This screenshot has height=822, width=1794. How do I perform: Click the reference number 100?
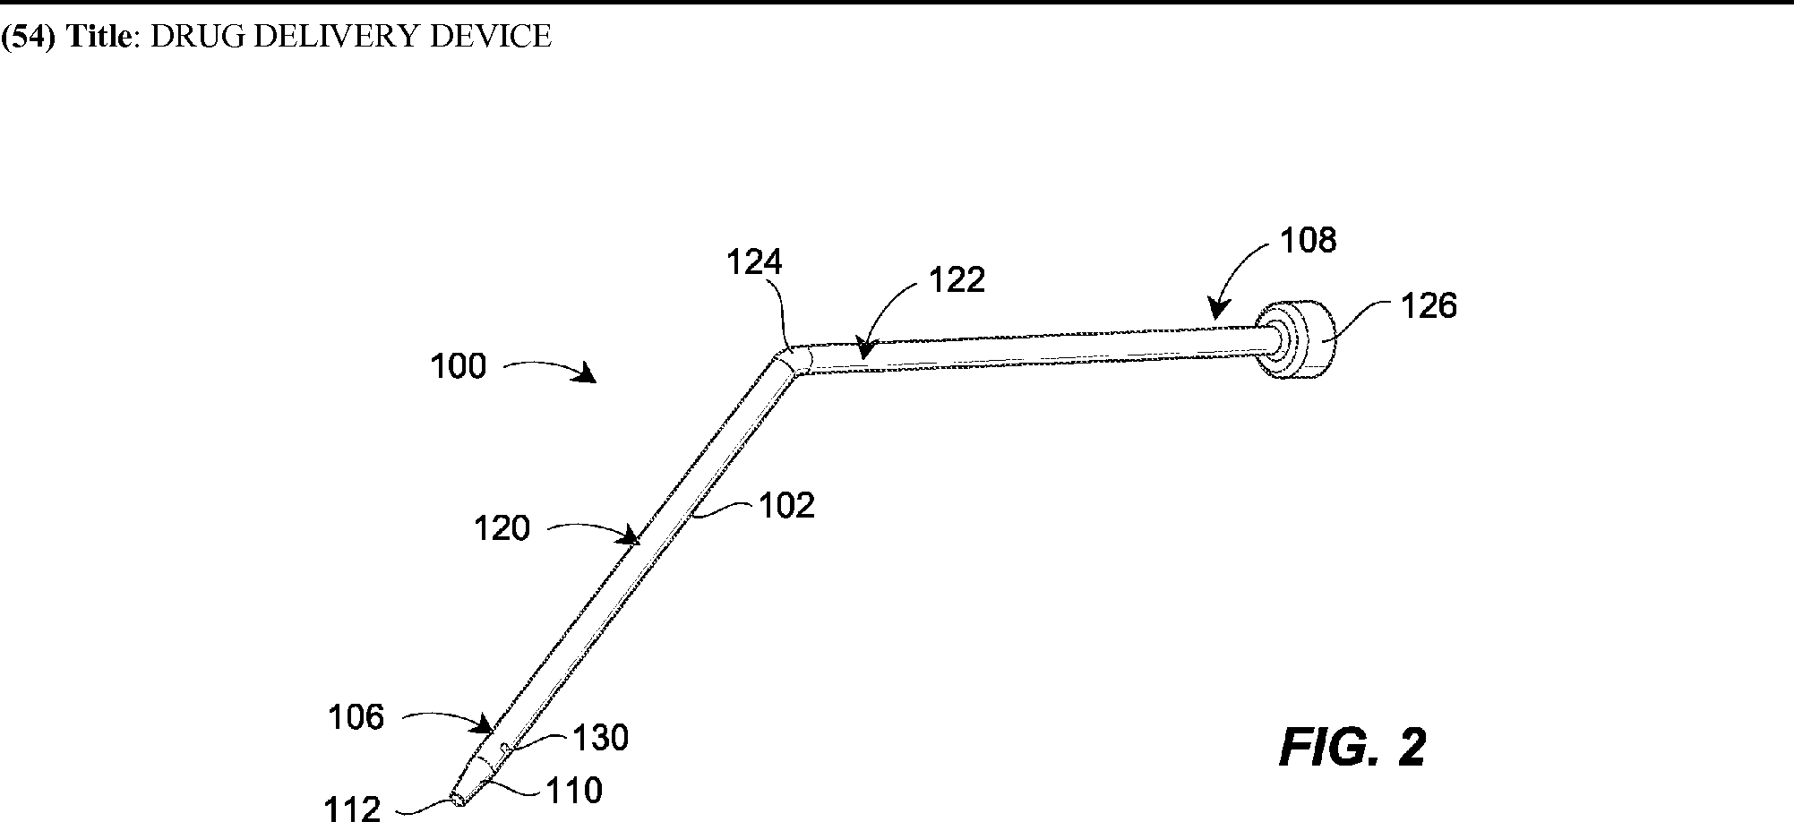tap(458, 366)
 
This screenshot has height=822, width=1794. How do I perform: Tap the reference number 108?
tap(1309, 240)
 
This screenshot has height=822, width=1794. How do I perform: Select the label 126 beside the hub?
tap(1429, 306)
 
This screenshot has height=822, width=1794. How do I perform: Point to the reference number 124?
tap(754, 262)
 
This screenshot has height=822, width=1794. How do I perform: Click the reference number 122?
tap(957, 280)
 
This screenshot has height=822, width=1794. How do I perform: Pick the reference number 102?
tap(787, 506)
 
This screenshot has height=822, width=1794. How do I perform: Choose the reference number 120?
tap(502, 528)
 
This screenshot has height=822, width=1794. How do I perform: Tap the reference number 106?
tap(356, 717)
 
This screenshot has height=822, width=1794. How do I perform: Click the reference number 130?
tap(600, 738)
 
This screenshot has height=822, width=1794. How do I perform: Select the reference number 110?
tap(574, 791)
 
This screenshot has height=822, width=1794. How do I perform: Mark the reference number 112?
tap(353, 809)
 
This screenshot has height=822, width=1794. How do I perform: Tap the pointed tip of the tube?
tap(459, 799)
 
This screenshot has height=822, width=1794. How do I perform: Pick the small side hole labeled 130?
tap(505, 745)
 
